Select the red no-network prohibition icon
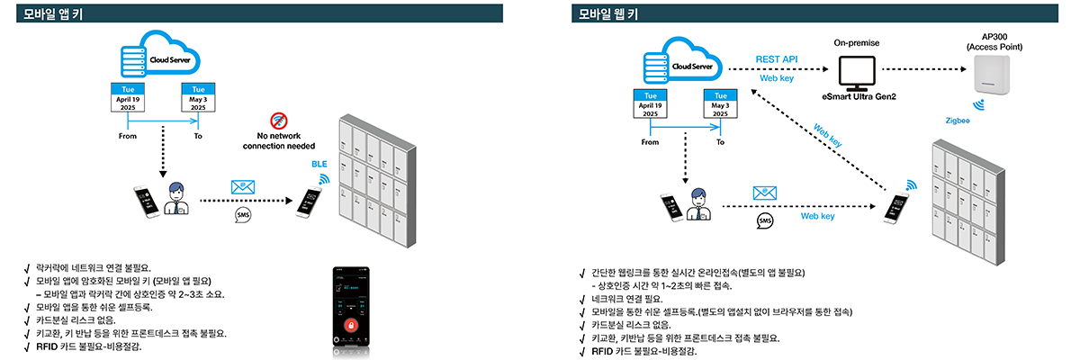(x=277, y=120)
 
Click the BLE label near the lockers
(x=319, y=165)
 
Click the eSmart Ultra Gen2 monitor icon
(x=857, y=69)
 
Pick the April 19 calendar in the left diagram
(x=128, y=98)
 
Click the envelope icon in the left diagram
(x=242, y=186)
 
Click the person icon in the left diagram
(x=176, y=200)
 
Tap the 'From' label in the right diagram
(x=650, y=142)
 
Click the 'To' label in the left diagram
(x=198, y=136)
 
